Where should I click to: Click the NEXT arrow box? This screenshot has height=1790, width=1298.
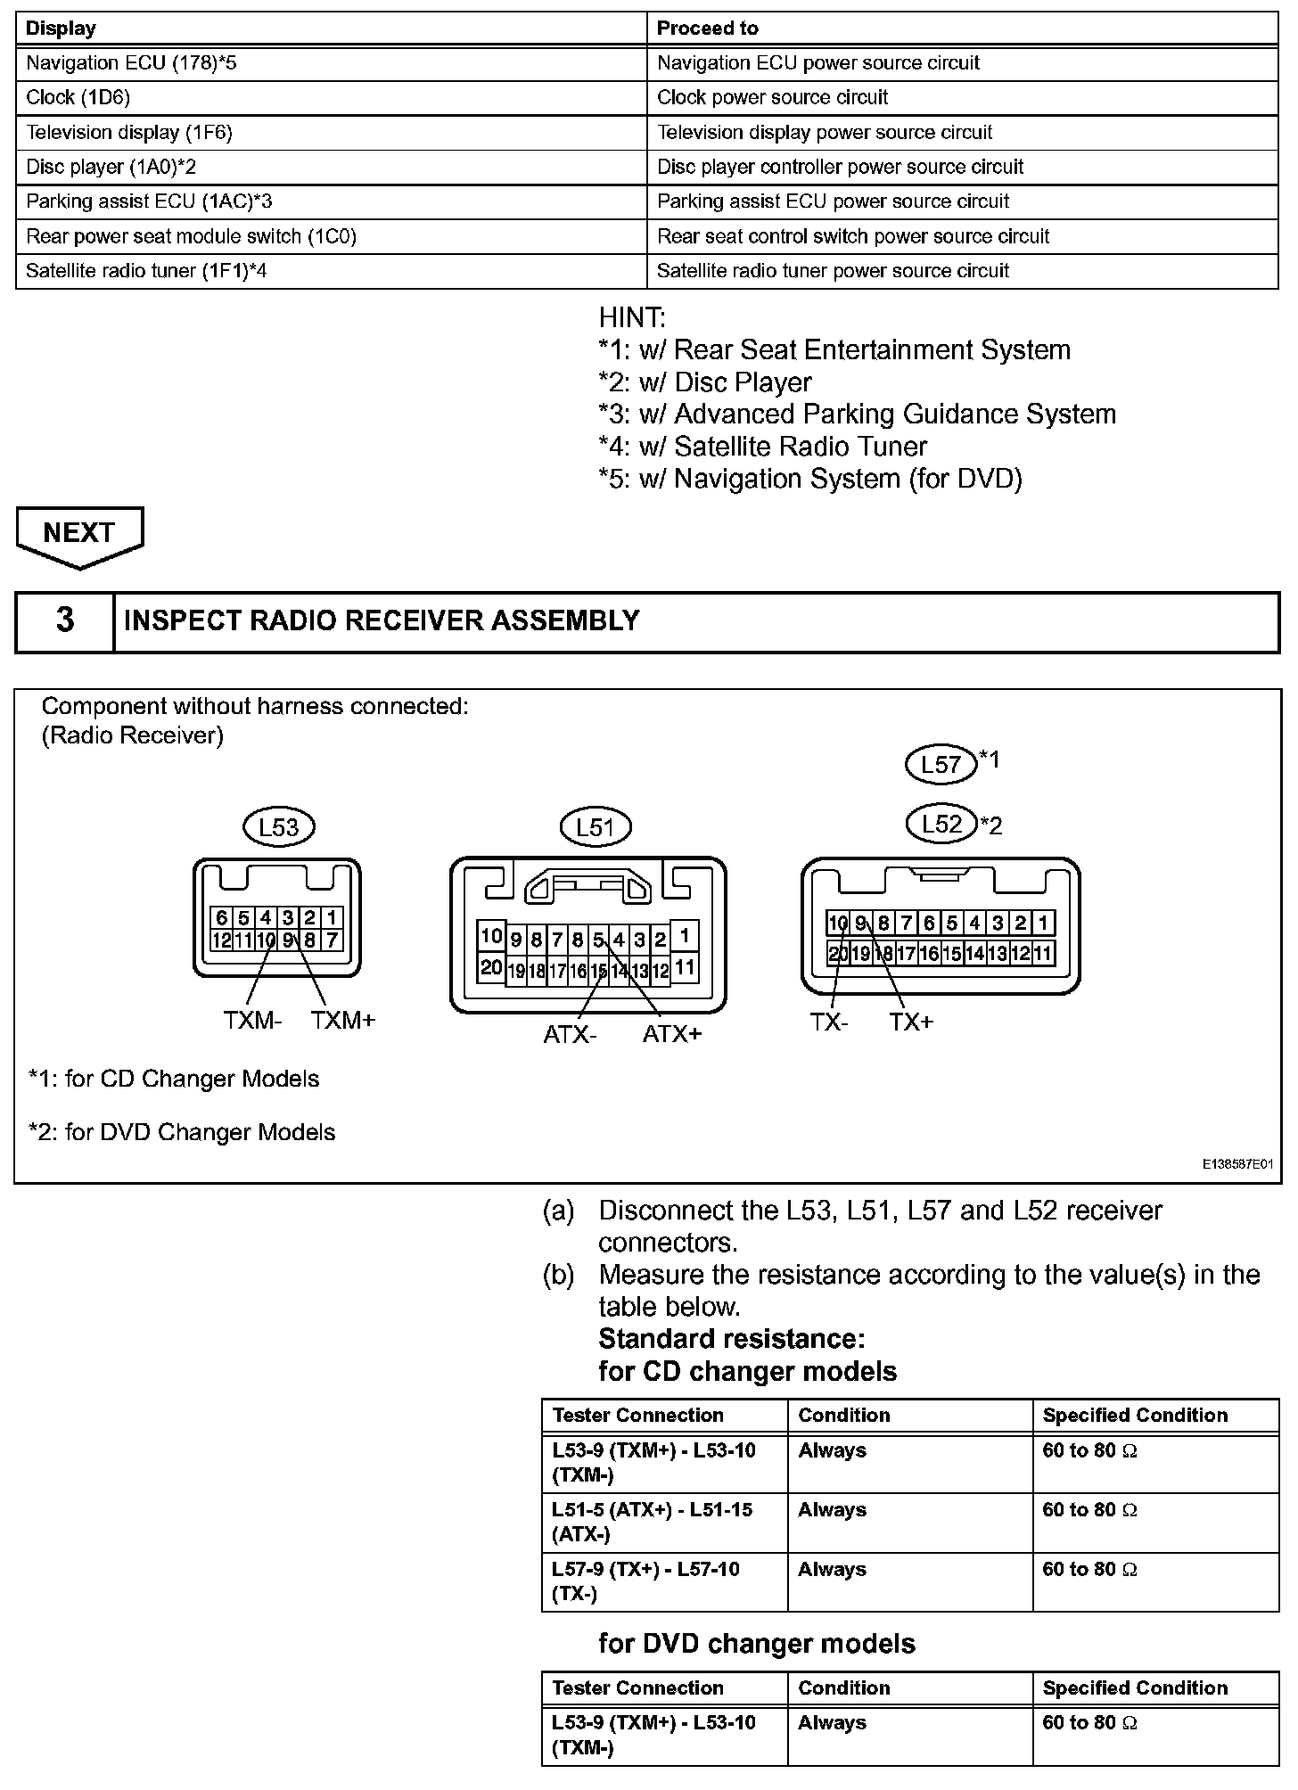tap(79, 535)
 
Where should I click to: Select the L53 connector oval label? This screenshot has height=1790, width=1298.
tap(278, 827)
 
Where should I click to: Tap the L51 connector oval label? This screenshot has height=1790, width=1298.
tap(595, 827)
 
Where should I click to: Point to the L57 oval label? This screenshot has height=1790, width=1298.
tap(941, 764)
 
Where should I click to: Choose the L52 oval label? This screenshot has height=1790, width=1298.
tap(941, 824)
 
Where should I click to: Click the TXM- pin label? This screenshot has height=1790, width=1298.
tap(252, 1020)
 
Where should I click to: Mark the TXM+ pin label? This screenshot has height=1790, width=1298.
tap(343, 1020)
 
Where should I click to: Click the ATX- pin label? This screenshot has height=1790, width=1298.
tap(570, 1034)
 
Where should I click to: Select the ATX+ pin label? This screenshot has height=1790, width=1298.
tap(672, 1034)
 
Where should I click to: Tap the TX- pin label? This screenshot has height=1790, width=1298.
tap(829, 1022)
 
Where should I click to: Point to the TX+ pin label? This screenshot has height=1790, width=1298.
tap(911, 1022)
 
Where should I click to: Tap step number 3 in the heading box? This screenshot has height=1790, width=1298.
tap(65, 620)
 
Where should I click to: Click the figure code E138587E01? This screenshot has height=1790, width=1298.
tap(1236, 1164)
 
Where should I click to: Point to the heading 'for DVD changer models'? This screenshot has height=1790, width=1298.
tap(757, 1643)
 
